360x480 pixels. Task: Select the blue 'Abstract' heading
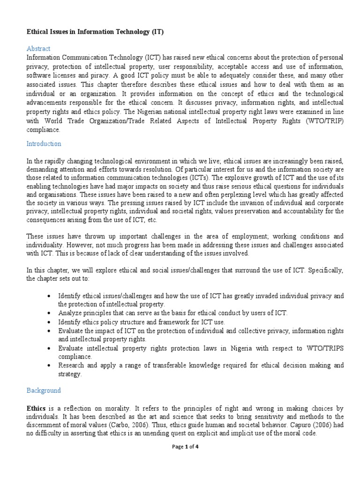pos(38,49)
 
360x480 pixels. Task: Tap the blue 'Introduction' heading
pos(44,144)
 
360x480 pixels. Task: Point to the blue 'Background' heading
pos(44,390)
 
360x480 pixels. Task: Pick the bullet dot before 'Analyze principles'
pos(50,313)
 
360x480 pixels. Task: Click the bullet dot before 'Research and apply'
pos(50,366)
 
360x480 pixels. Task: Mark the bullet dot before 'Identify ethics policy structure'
pos(50,322)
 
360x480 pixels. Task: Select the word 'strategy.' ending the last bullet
pos(70,374)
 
